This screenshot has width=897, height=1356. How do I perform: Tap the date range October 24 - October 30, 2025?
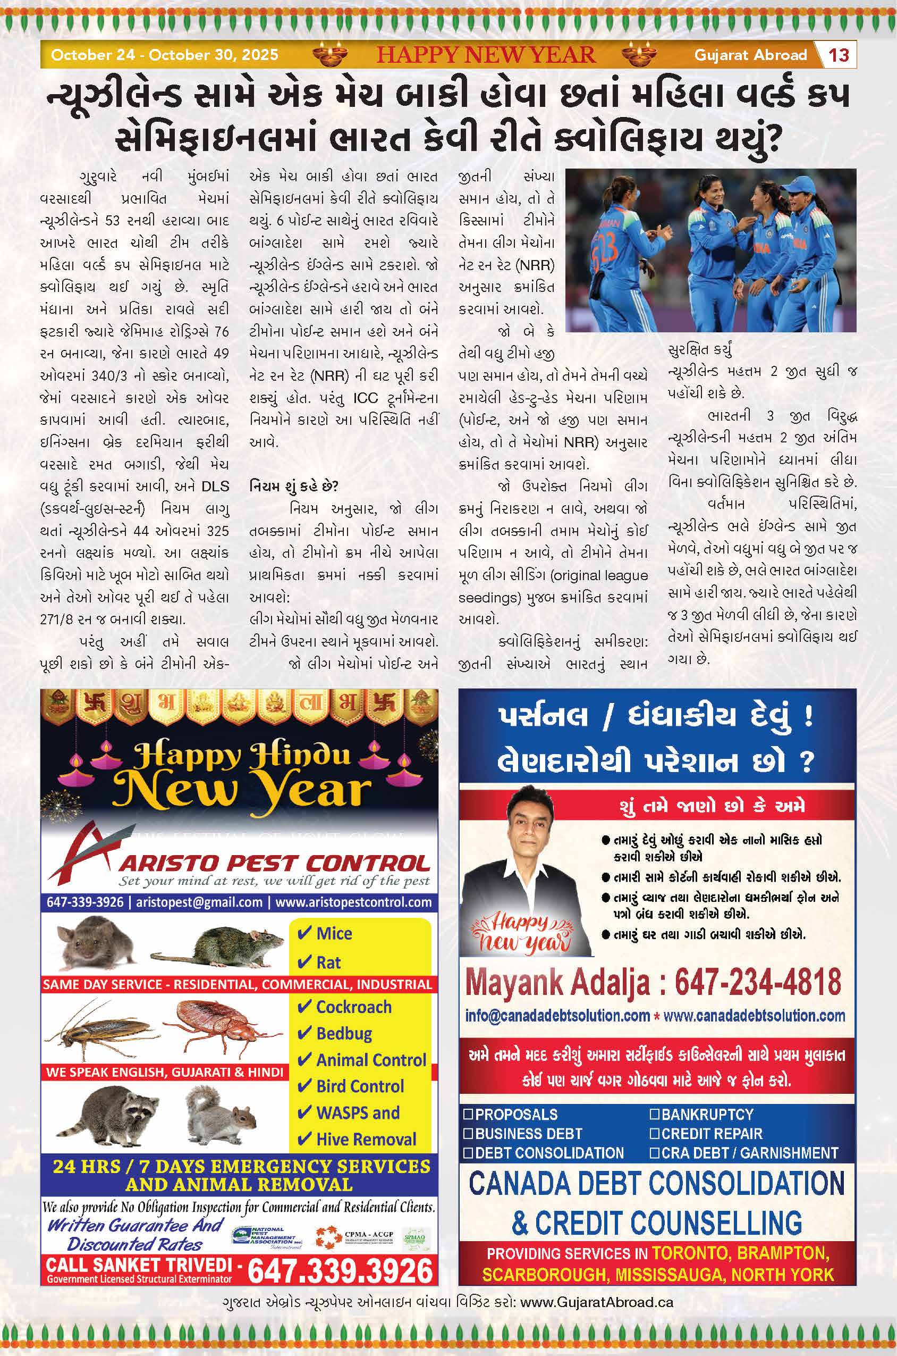[165, 55]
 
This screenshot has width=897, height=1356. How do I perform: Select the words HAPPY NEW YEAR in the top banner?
[486, 55]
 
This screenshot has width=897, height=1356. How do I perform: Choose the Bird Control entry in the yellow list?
[359, 1086]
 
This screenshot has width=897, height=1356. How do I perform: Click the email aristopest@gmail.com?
[199, 902]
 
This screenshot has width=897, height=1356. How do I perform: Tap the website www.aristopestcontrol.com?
[353, 902]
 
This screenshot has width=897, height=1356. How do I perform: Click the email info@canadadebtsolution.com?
[558, 1016]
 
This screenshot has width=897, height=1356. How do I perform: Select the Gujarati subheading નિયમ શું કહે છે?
[293, 487]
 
